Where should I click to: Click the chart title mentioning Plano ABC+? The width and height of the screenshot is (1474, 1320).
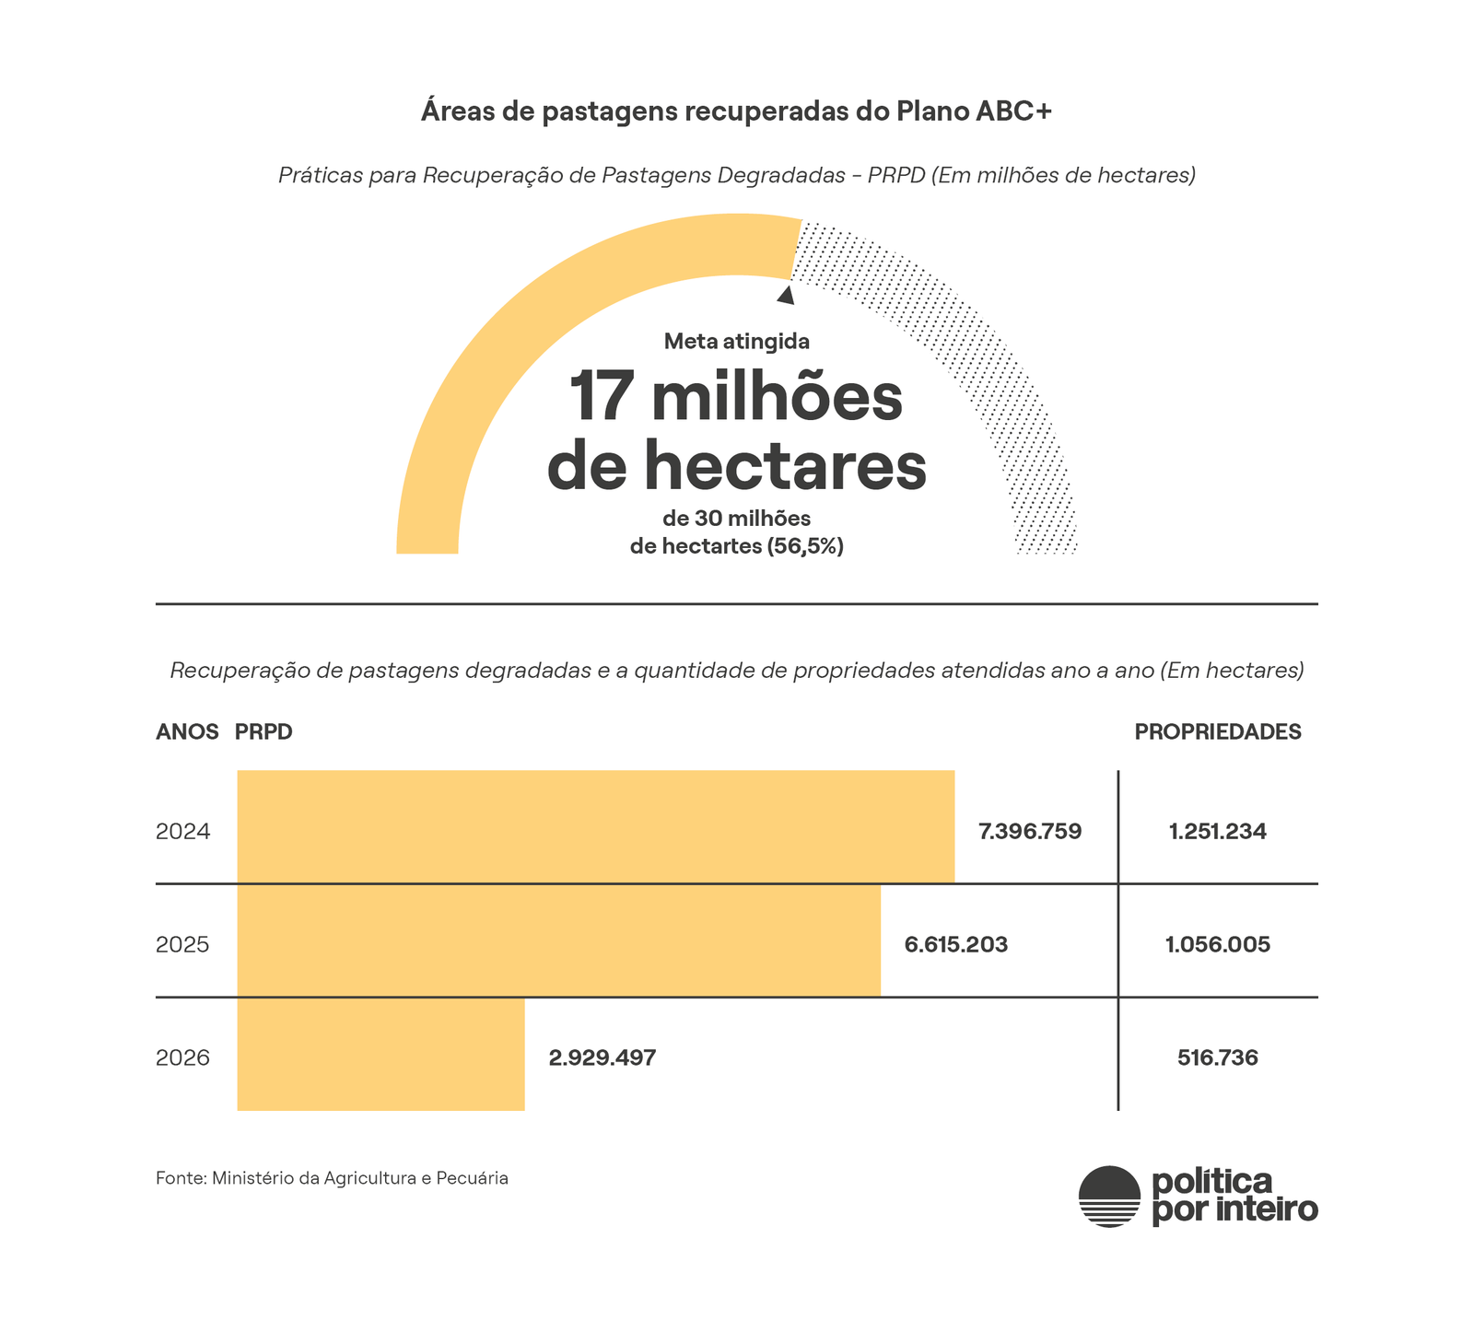coord(736,111)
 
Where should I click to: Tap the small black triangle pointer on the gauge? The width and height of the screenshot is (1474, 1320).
coord(786,296)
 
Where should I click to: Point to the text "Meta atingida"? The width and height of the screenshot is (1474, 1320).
coord(736,342)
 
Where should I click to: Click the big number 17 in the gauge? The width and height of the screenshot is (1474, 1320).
coord(601,398)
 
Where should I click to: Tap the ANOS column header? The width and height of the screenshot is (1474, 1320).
coord(187,732)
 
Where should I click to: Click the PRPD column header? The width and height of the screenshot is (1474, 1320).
coord(263,732)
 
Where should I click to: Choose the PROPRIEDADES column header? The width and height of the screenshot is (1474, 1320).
coord(1217,732)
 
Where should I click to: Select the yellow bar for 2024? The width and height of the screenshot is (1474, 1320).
coord(595,826)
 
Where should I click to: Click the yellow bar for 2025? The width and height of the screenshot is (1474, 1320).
coord(558,940)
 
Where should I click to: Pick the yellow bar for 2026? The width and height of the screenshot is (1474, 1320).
coord(380,1054)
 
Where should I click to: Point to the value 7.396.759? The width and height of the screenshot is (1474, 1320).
coord(1029,832)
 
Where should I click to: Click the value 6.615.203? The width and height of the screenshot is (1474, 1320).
coord(955,945)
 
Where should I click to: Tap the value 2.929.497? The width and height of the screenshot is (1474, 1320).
coord(602,1058)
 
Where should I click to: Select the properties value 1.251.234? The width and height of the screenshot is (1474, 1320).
coord(1217,832)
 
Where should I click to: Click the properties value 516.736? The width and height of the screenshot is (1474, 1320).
coord(1217,1058)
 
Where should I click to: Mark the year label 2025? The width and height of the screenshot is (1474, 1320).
coord(182,945)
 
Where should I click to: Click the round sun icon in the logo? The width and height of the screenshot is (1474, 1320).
coord(1109,1196)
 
